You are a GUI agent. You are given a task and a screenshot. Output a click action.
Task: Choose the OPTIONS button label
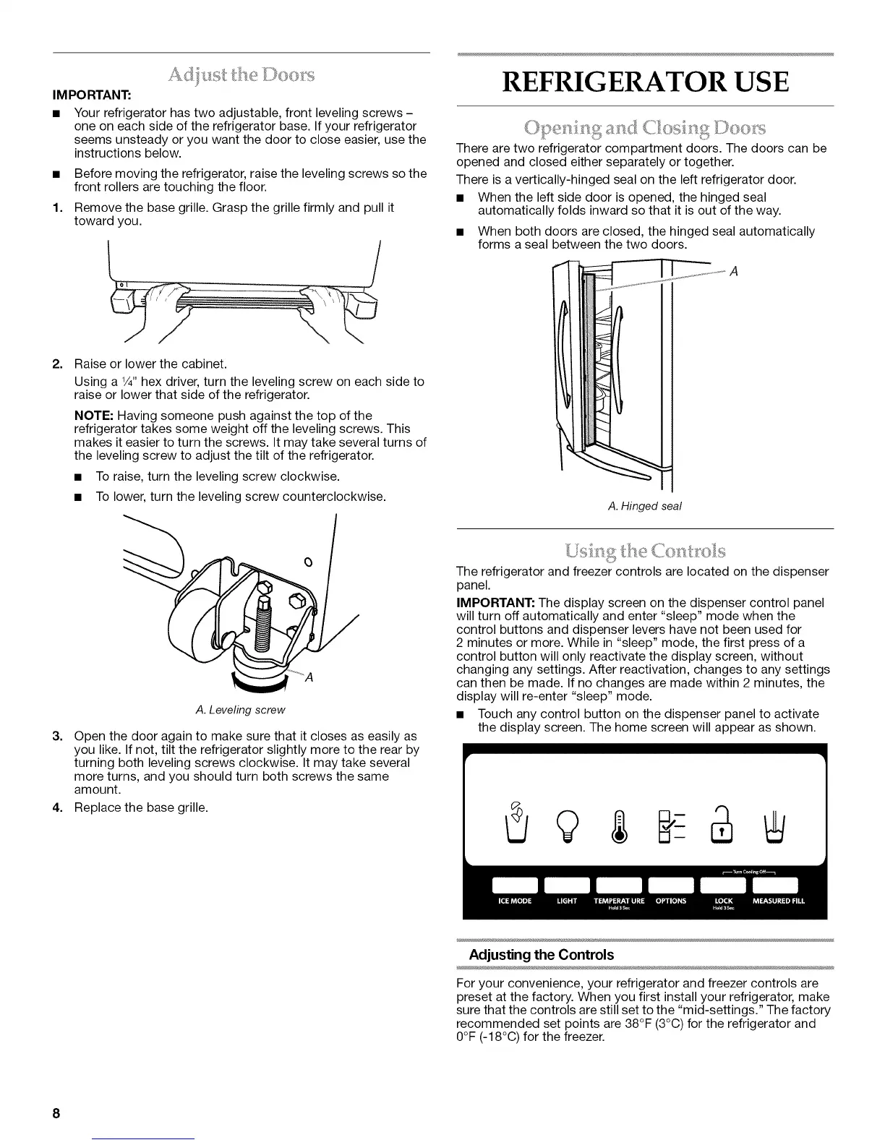point(671,901)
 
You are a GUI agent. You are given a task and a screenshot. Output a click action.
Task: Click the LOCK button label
point(723,901)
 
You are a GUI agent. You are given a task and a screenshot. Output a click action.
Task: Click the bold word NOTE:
point(94,416)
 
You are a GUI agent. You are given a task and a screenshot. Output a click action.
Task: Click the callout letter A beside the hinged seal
point(733,272)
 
